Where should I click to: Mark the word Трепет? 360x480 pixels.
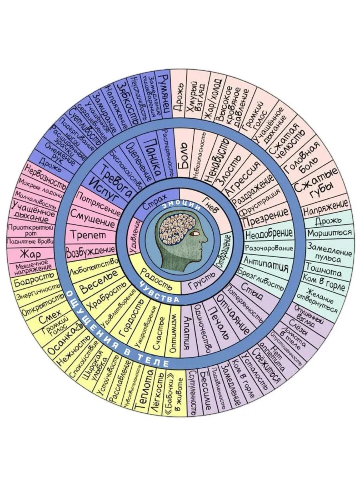pyautogui.click(x=88, y=235)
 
